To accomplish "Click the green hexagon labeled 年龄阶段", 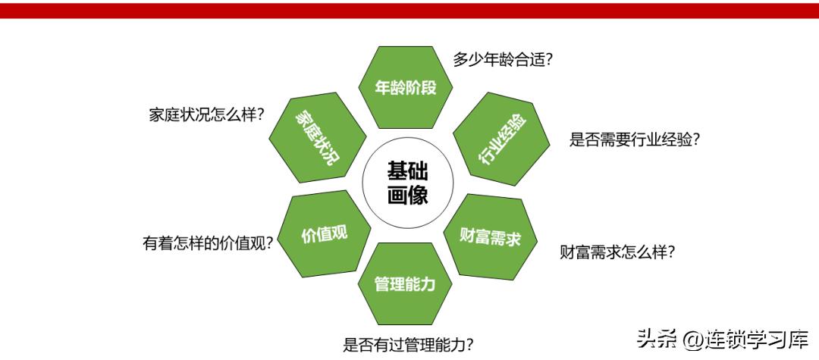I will [x=405, y=86].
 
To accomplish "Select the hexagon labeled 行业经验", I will [x=500, y=139].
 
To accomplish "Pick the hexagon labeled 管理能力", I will [x=405, y=284].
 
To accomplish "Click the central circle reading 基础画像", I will [x=407, y=183].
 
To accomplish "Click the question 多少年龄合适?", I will [x=502, y=60].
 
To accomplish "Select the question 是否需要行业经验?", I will [x=634, y=139].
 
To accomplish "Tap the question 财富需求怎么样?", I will [x=617, y=251].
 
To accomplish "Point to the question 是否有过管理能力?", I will [x=409, y=345].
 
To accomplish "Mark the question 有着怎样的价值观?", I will [x=208, y=243].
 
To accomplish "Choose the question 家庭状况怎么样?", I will [x=206, y=115].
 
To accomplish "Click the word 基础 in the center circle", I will [x=407, y=171].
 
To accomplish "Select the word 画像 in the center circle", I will [x=407, y=196].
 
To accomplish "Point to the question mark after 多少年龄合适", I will [x=548, y=61].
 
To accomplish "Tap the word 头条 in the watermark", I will [x=655, y=338].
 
